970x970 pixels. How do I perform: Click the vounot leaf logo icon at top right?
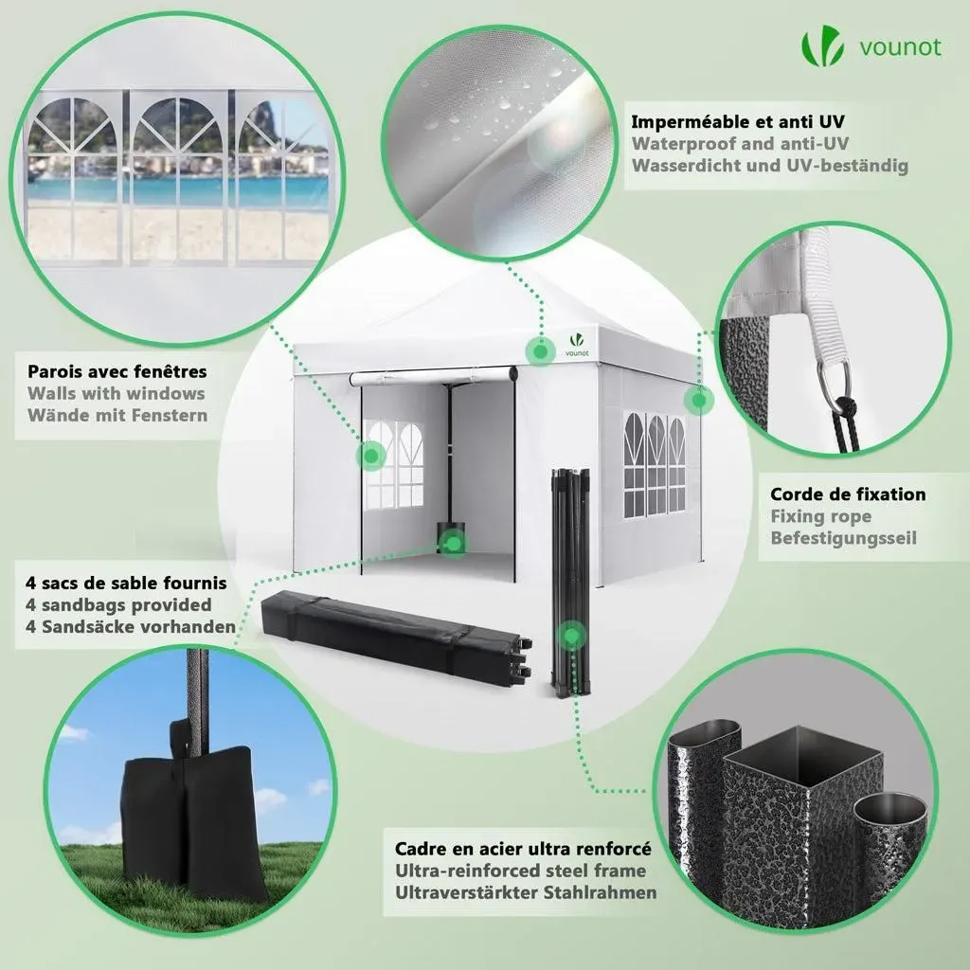click(822, 45)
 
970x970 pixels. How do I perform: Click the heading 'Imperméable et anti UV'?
click(737, 122)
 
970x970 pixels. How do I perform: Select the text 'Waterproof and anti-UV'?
click(740, 144)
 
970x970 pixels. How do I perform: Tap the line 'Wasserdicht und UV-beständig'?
click(769, 166)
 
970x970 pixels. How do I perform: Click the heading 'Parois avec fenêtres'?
click(117, 371)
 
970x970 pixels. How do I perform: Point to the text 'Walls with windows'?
click(117, 393)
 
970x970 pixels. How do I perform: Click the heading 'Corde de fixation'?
click(848, 494)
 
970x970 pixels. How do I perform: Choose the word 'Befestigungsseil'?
click(844, 538)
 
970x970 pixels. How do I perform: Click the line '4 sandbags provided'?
click(118, 605)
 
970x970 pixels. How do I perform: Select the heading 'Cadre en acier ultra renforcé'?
click(523, 849)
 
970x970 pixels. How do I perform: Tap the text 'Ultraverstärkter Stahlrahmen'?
click(526, 892)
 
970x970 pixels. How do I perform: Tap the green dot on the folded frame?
click(571, 636)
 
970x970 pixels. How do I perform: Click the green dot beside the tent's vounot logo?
click(540, 352)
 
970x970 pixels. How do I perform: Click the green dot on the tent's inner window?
click(371, 457)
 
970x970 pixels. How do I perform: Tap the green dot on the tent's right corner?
click(699, 401)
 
